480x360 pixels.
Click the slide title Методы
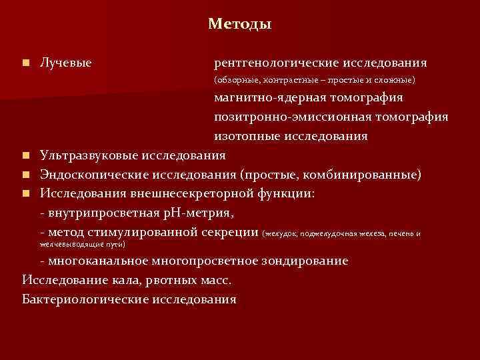coord(239,24)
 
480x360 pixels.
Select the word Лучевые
coord(65,63)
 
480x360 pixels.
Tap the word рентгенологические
coord(276,63)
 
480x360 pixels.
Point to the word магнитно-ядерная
coord(270,98)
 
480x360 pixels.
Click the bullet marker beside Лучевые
coord(25,63)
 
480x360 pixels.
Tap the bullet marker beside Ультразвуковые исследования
coord(25,156)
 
